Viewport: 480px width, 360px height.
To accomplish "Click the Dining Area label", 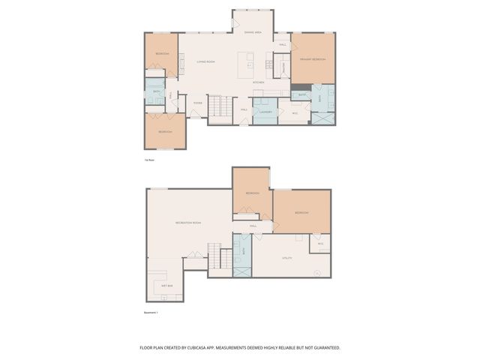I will (x=253, y=33).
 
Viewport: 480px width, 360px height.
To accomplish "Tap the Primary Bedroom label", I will (x=312, y=58).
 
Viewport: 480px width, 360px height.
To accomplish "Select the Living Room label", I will (x=206, y=61).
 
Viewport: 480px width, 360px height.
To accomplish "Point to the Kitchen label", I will (x=257, y=82).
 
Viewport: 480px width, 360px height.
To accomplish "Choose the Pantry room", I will (x=283, y=67).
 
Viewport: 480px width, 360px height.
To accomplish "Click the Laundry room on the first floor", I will (x=264, y=112).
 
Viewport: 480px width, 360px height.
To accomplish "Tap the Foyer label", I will (x=197, y=103).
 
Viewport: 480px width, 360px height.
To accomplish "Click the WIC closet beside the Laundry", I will (x=294, y=113).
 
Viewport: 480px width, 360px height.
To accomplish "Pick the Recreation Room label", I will (x=187, y=223).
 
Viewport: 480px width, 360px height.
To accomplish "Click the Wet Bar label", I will (x=166, y=286).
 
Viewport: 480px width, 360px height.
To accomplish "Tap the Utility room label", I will (x=286, y=258).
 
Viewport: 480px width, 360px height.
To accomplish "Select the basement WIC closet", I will (x=319, y=244).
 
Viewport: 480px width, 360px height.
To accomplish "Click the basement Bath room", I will (x=242, y=254).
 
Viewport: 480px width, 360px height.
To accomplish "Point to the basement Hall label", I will (x=253, y=225).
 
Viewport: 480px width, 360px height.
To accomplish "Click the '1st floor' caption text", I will (x=149, y=160).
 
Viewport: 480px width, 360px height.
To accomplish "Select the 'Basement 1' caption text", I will (x=151, y=313).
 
